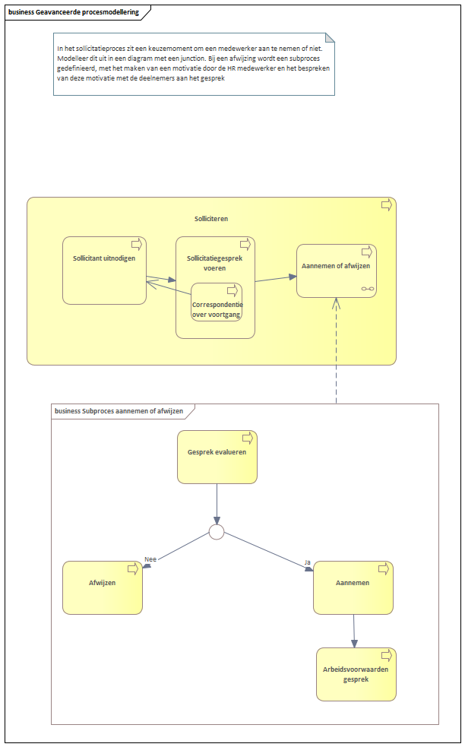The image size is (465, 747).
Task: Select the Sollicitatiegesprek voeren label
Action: pos(214,263)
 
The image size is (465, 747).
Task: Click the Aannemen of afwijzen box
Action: pos(336,271)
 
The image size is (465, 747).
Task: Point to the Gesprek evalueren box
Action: pos(217,457)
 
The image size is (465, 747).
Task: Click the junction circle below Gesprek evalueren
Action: pos(217,532)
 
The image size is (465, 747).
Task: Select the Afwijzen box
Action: pos(103,587)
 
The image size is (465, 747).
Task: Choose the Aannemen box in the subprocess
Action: pos(353,587)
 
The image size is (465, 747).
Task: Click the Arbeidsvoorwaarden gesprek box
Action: pos(356,674)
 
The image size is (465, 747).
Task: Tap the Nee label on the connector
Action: pos(150,559)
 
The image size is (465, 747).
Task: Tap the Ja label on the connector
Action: pos(307,562)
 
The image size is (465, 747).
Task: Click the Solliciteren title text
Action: pos(211,219)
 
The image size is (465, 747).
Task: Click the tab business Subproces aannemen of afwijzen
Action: pos(119,411)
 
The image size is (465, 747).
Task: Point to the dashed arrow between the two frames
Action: pos(336,350)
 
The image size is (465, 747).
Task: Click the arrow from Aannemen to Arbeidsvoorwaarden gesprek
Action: pos(354,631)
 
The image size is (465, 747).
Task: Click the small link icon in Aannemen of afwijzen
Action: pos(368,289)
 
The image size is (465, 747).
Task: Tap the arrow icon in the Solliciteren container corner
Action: pos(386,205)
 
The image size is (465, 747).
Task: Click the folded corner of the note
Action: pos(330,38)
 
